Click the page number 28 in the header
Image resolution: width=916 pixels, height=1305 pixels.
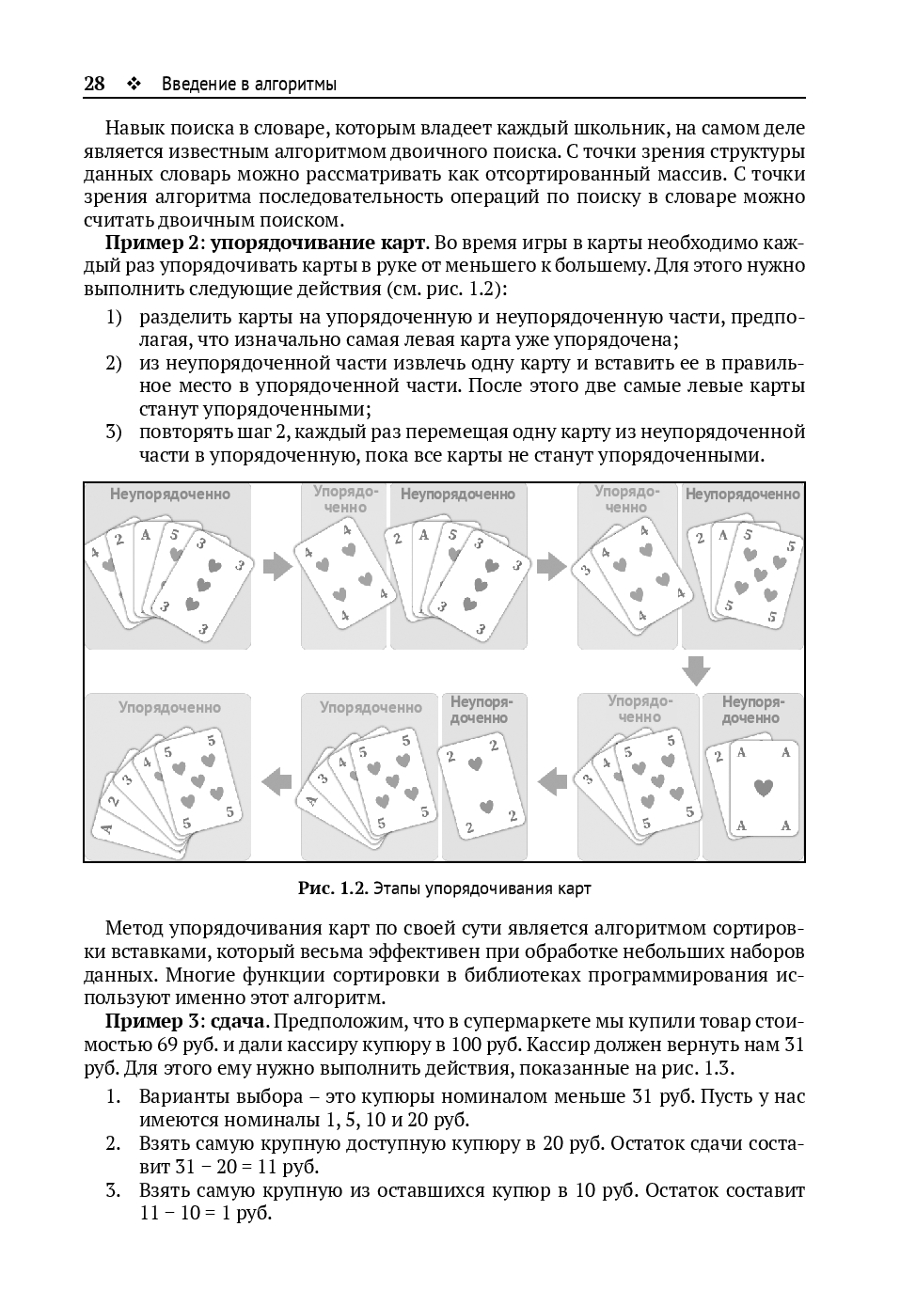tap(94, 84)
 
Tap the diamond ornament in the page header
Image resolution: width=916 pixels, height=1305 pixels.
tap(133, 84)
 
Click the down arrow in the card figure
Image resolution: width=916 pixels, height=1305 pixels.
tap(696, 670)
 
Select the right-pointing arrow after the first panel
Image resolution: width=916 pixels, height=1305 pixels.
tap(276, 567)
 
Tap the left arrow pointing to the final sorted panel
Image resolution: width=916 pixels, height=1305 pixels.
tap(276, 779)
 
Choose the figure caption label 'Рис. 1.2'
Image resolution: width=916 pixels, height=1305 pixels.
tap(331, 888)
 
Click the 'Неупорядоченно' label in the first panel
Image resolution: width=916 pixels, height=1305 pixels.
tap(169, 494)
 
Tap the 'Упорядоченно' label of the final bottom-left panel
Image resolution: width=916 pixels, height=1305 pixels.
tap(169, 707)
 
